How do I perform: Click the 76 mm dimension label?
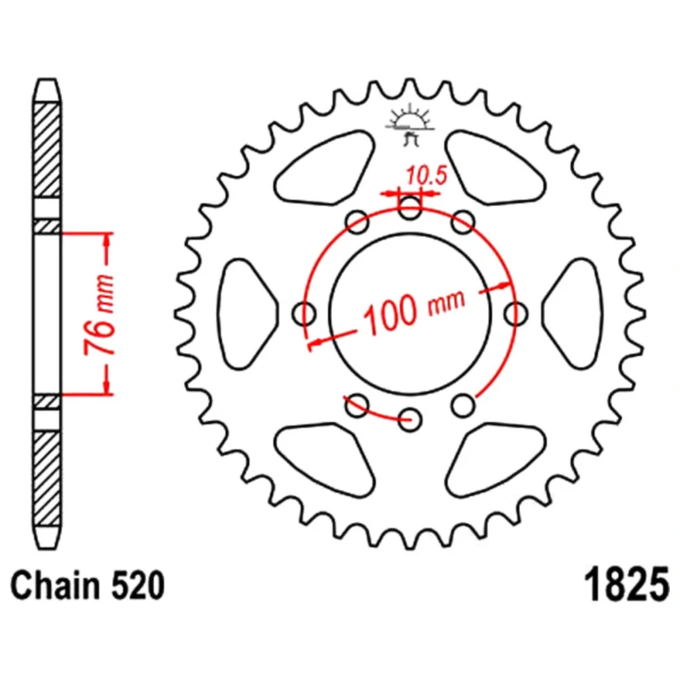99,314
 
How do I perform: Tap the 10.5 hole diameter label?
426,175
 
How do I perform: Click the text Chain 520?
88,586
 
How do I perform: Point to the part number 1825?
627,585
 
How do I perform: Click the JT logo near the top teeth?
410,125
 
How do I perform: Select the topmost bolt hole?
410,207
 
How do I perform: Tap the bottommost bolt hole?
410,420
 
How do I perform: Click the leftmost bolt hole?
304,313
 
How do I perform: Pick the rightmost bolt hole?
516,313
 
